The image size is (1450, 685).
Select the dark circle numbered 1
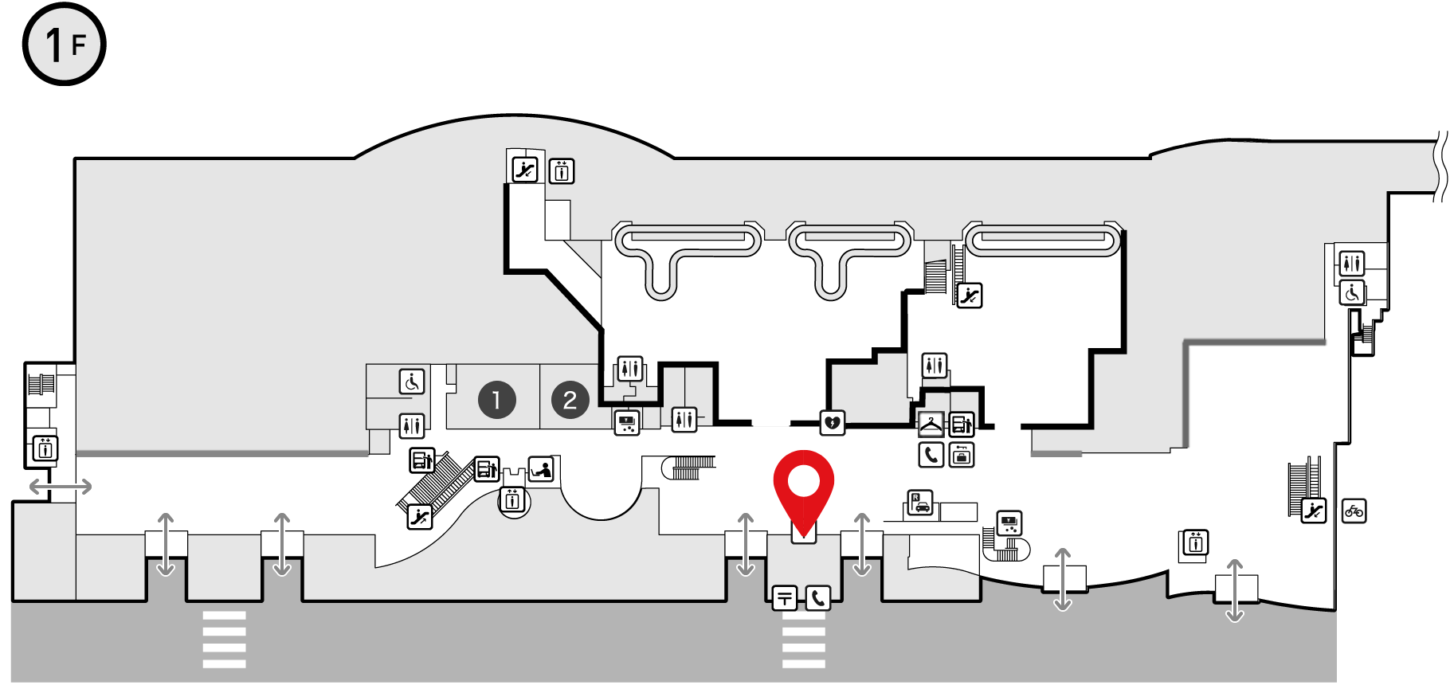click(x=497, y=400)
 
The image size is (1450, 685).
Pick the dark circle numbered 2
click(x=570, y=400)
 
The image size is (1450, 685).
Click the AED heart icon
click(x=833, y=422)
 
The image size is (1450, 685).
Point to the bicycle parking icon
click(x=1354, y=511)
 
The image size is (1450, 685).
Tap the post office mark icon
click(x=785, y=597)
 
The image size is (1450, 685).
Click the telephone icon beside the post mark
click(x=818, y=597)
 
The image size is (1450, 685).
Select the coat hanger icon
click(x=931, y=424)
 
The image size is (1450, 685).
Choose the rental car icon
click(x=920, y=503)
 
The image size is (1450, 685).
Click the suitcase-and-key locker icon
click(x=962, y=455)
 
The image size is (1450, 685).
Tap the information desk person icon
click(x=542, y=469)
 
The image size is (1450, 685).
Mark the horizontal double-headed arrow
click(x=61, y=487)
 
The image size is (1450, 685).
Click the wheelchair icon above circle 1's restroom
click(x=412, y=382)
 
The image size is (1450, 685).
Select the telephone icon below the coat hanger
click(x=931, y=455)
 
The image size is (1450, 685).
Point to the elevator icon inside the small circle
click(x=512, y=501)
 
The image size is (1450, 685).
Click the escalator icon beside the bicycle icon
click(x=1314, y=511)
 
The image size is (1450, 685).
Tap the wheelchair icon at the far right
click(x=1352, y=293)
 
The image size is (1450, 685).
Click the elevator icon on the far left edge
click(x=45, y=448)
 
